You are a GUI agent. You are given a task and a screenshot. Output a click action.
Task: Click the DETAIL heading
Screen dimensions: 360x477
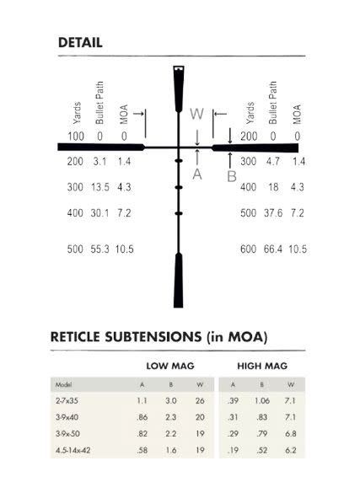[80, 43]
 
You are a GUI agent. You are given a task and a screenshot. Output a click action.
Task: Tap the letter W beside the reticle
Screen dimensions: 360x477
[196, 114]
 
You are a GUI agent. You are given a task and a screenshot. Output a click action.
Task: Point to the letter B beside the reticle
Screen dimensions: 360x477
[232, 176]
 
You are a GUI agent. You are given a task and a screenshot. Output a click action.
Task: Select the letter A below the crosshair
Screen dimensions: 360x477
[197, 174]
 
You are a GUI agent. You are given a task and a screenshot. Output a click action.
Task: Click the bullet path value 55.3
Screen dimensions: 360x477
[99, 249]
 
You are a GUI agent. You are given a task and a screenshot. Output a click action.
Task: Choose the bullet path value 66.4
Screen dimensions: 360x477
[273, 249]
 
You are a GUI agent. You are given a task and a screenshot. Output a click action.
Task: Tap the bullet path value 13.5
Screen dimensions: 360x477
[100, 187]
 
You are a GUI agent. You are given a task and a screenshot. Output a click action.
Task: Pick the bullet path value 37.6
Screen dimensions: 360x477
[273, 213]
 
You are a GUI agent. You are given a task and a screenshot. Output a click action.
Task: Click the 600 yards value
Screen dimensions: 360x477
[249, 249]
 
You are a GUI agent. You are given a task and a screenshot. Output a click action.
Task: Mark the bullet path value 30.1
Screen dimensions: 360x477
[99, 213]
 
